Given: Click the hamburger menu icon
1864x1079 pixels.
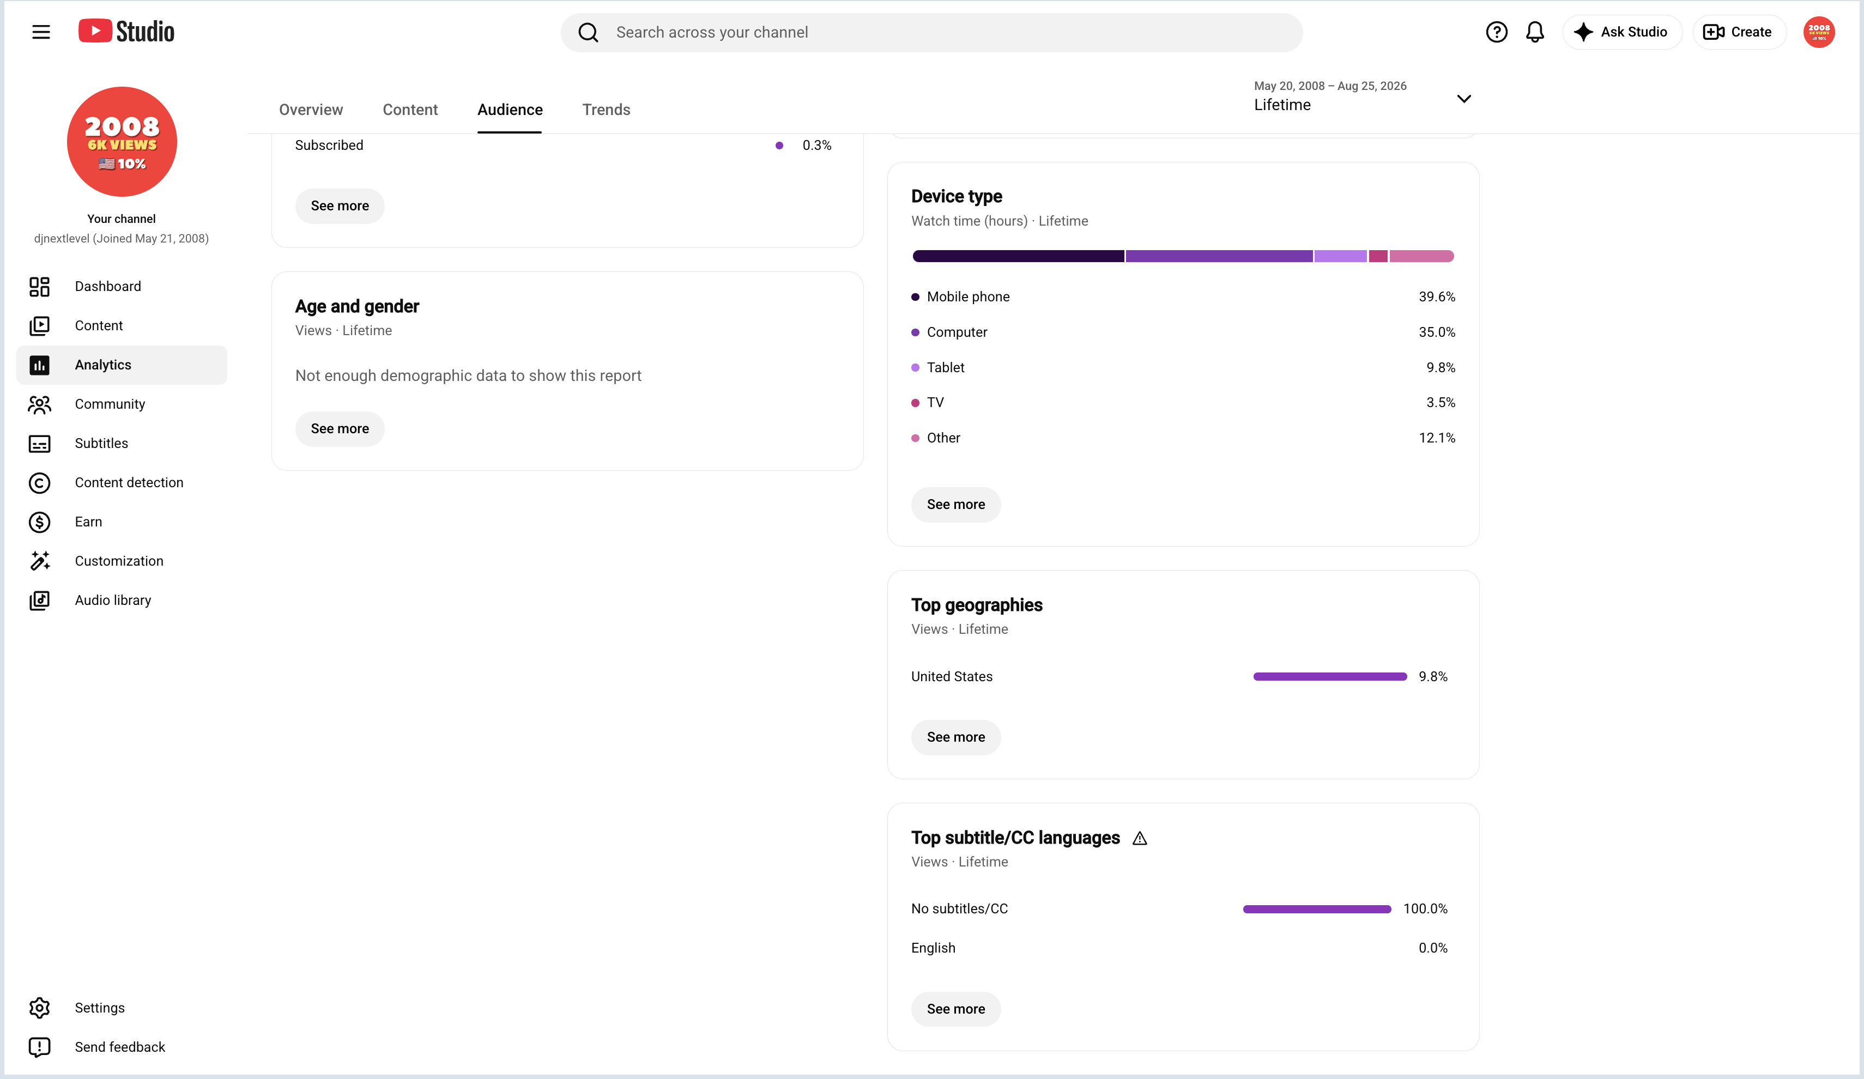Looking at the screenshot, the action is click(41, 32).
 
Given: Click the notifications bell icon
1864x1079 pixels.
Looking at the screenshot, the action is click(1535, 32).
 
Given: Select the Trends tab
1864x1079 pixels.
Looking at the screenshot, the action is click(606, 110).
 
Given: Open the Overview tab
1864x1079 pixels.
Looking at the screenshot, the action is click(311, 110).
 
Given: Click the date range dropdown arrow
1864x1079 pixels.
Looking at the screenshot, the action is click(1464, 98).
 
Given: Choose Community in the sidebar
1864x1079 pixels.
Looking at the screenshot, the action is click(110, 404).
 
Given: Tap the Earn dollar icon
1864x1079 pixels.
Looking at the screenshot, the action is click(39, 522).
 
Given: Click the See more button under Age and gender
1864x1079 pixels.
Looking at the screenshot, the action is click(340, 429).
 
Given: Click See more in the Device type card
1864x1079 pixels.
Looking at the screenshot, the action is click(955, 505).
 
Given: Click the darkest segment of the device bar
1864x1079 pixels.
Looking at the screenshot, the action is click(1018, 256).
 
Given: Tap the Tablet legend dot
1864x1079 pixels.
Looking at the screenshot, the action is click(915, 367).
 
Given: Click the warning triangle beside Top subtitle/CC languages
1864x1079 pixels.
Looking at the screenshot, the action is click(1140, 838).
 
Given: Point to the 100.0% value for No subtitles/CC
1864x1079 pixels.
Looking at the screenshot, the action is click(1425, 909).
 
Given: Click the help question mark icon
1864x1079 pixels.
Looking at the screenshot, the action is click(1497, 32).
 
